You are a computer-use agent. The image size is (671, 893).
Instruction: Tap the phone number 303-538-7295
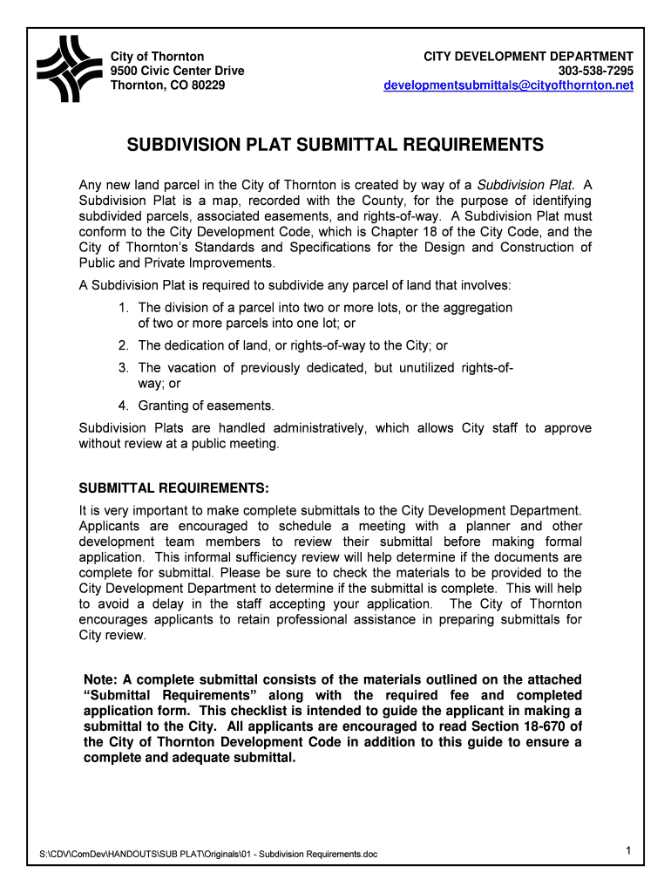[596, 71]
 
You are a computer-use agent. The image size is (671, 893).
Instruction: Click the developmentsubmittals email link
[509, 85]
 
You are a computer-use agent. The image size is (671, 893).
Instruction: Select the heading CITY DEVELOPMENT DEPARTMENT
[528, 56]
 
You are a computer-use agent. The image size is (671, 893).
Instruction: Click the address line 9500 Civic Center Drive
[177, 71]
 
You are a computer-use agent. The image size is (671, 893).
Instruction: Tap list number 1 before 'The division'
[124, 308]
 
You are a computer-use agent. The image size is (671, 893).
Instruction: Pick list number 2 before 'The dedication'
[124, 346]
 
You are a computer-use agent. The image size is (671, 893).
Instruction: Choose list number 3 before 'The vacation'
[124, 368]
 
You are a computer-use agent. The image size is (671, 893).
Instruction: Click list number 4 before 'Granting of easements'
[124, 406]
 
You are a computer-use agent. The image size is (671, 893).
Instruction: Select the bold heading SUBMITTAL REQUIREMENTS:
[174, 487]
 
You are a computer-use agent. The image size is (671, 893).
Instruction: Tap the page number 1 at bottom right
[627, 849]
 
